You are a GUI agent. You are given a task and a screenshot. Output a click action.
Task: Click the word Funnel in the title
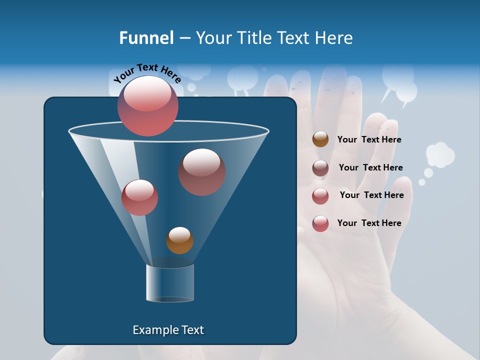146,38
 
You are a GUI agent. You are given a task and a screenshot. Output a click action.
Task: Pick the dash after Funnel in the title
184,38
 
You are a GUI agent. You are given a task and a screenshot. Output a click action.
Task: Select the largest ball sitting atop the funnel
148,105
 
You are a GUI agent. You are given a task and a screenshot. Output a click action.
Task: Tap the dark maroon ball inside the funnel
201,171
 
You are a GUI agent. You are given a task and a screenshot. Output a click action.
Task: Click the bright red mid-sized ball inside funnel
139,197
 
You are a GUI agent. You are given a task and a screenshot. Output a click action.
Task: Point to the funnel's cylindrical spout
170,283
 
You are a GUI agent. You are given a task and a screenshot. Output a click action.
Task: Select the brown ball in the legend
320,139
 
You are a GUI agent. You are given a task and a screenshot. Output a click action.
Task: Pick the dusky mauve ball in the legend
320,168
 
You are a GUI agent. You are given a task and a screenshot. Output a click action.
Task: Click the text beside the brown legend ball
369,139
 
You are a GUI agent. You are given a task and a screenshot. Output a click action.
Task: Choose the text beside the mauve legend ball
370,167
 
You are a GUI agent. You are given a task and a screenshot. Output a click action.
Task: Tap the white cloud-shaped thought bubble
440,155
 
